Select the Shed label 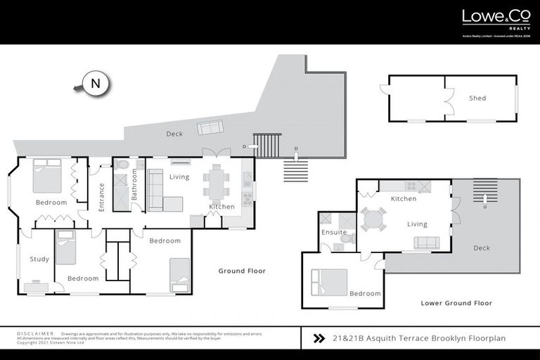tap(477, 98)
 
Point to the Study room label tap(39, 259)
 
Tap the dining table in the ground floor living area tap(215, 181)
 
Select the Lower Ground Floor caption tap(456, 303)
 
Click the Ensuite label tap(334, 232)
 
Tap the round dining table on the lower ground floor tap(373, 219)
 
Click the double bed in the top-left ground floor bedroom tap(48, 176)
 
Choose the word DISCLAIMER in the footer tap(34, 334)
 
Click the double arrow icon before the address tap(318, 338)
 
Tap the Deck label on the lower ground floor tap(482, 248)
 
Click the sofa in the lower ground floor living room tap(426, 243)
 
